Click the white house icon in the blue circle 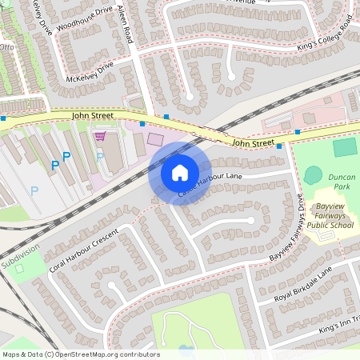pos(180,172)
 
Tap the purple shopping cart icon pos(100,136)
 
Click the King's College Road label pos(323,38)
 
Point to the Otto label pos(6,47)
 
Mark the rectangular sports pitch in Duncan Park pos(345,147)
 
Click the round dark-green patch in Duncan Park pos(313,175)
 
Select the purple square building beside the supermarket pos(154,140)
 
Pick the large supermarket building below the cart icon pos(114,157)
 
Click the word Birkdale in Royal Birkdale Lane pos(305,284)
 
